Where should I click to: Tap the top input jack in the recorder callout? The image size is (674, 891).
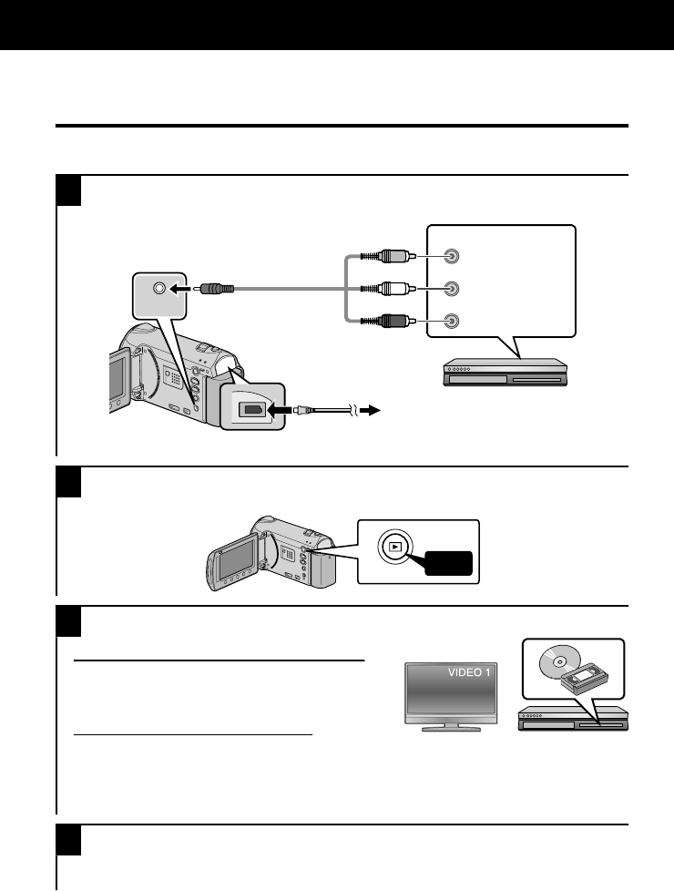click(451, 258)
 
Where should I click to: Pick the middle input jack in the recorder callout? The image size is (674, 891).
click(451, 289)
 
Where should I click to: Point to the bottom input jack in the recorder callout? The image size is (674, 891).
click(451, 321)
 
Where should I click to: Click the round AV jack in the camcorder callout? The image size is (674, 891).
click(160, 288)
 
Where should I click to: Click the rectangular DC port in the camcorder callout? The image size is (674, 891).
click(250, 410)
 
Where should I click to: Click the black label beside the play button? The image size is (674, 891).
click(446, 564)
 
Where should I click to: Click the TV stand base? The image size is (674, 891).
click(451, 729)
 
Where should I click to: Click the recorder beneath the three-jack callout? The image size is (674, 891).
click(504, 372)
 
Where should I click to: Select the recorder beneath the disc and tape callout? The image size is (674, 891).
click(572, 720)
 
